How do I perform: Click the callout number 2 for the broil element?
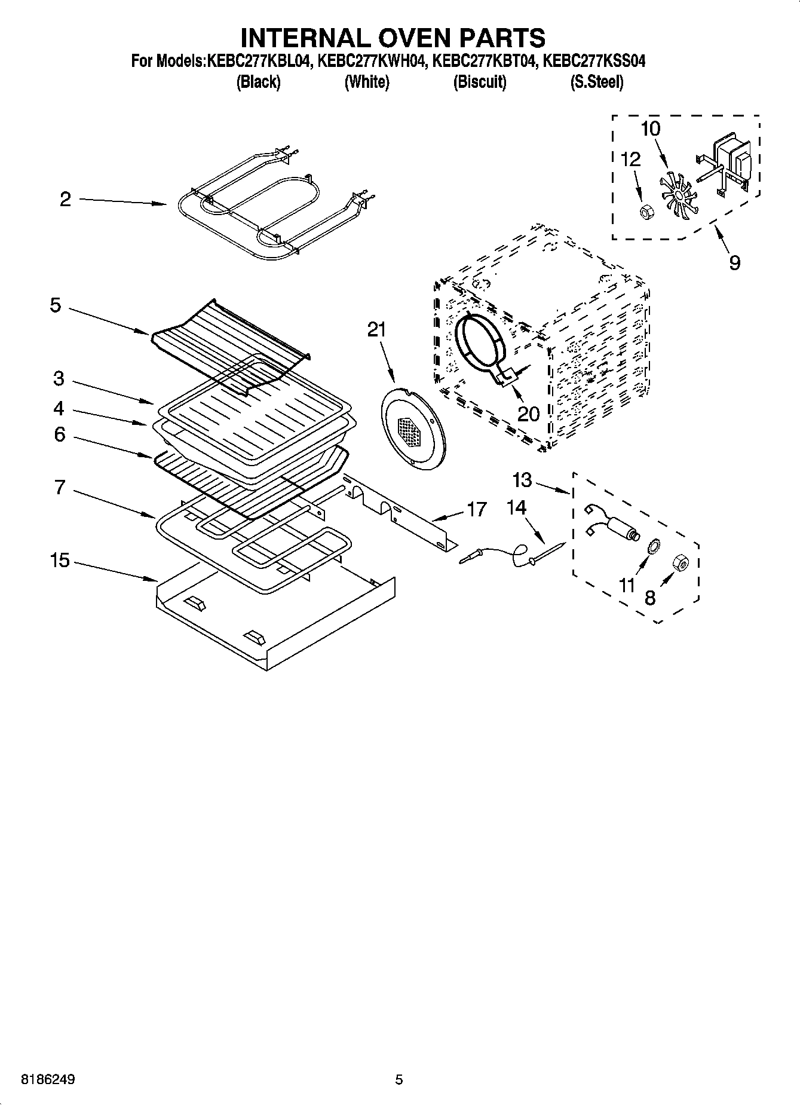pos(65,200)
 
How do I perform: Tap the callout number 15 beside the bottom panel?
pos(60,561)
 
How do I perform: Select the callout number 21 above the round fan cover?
pos(376,330)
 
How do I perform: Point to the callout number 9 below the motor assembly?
pos(735,262)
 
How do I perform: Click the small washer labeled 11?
pos(654,545)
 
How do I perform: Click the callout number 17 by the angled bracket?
pos(476,509)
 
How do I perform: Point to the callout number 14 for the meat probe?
pos(516,508)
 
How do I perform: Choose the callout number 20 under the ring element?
pos(528,414)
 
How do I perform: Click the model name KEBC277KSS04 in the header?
pos(594,61)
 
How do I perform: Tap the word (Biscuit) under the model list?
pos(480,82)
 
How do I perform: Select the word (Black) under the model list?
pos(258,82)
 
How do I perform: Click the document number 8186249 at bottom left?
pos(48,1079)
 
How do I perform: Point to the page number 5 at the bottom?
pos(399,1079)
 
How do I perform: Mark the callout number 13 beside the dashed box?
pos(522,480)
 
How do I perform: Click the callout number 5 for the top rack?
pos(55,305)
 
